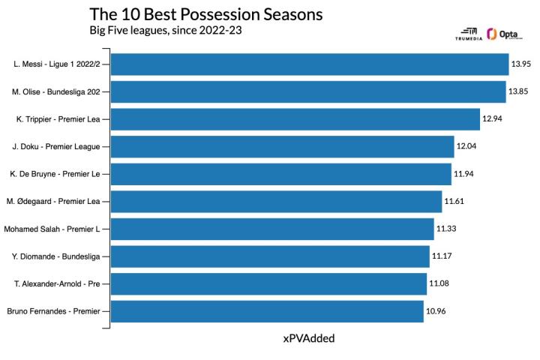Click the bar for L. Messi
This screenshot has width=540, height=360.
coord(310,64)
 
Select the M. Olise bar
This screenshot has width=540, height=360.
coord(308,91)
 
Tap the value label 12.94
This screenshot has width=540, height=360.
coord(492,118)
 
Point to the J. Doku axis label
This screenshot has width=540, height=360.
coord(56,147)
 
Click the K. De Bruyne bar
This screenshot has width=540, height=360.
coord(281,174)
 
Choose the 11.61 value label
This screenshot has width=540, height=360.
coord(454,201)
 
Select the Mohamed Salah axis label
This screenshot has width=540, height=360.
coord(52,229)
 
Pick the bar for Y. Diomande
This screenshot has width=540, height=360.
coord(270,256)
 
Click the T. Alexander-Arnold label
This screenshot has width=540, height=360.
coord(57,283)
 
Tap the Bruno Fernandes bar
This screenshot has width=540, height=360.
coord(267,311)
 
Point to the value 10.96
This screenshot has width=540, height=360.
coord(436,311)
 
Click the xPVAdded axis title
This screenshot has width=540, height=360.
coord(309,338)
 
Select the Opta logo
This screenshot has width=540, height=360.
coord(505,34)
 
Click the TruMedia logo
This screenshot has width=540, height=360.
coord(469,34)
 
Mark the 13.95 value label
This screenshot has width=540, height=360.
coord(521,64)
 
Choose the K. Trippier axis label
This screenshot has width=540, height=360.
coord(58,119)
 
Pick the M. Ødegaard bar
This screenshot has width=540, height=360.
coord(276,202)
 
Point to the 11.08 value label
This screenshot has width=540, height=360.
coord(439,283)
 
